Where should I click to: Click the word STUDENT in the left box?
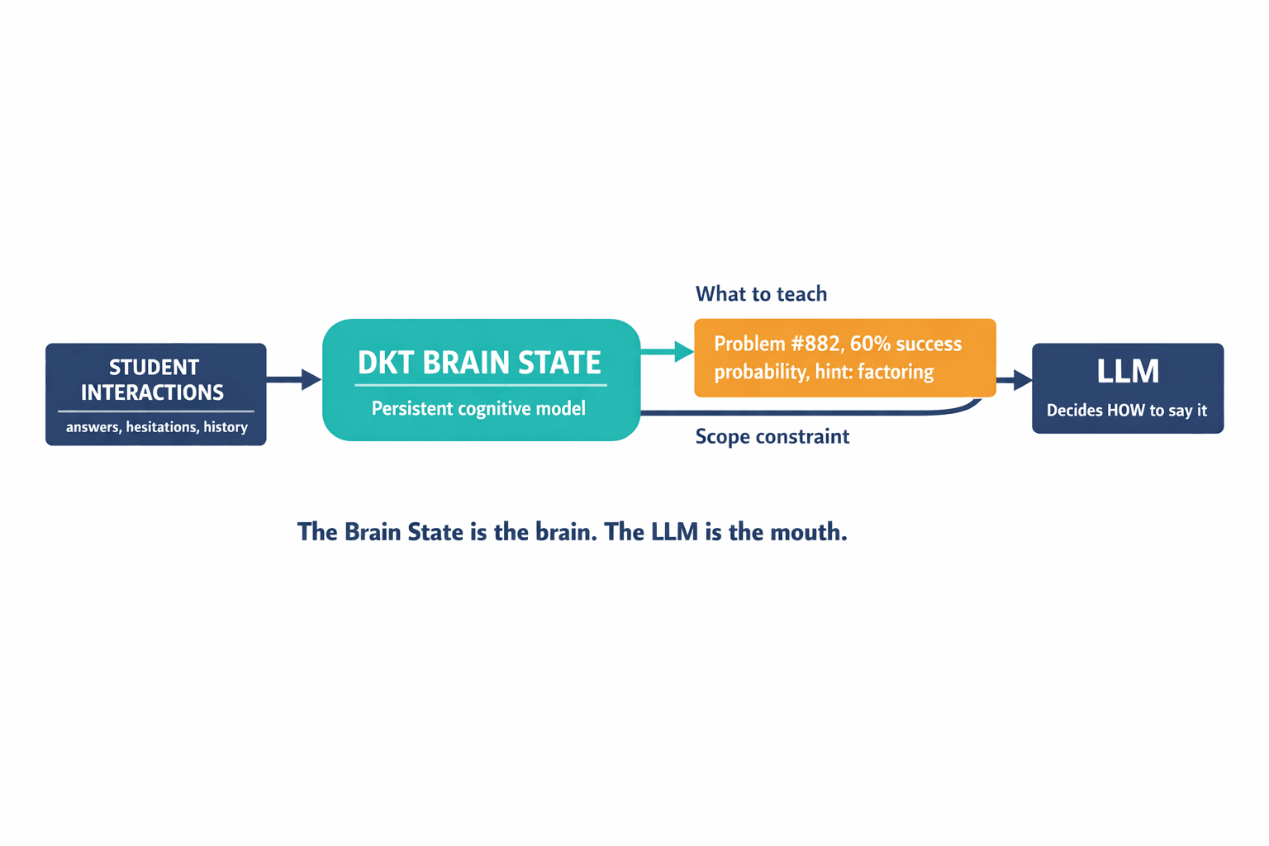click(154, 367)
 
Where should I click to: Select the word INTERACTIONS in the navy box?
click(152, 392)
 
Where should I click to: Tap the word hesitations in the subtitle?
click(161, 427)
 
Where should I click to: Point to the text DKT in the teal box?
click(386, 363)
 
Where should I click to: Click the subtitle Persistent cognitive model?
click(478, 408)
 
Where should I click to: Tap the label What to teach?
click(761, 294)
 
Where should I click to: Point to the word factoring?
click(896, 372)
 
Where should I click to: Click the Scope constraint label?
click(772, 436)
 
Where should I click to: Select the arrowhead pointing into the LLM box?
click(1022, 380)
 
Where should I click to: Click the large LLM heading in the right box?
click(1128, 372)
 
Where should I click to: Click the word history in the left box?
click(226, 427)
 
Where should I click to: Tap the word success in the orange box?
click(929, 344)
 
